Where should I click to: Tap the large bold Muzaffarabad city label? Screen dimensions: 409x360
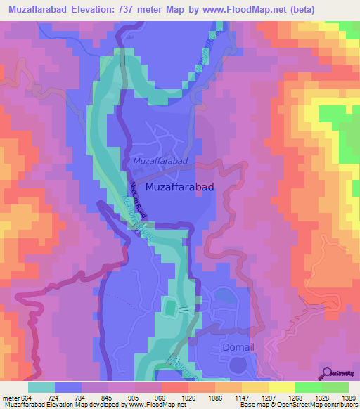(180, 188)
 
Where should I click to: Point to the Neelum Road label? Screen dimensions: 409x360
(134, 197)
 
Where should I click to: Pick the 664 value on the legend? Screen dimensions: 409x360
(29, 396)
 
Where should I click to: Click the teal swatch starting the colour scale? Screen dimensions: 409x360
(41, 387)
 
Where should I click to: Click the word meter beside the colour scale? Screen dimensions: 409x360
(11, 396)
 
